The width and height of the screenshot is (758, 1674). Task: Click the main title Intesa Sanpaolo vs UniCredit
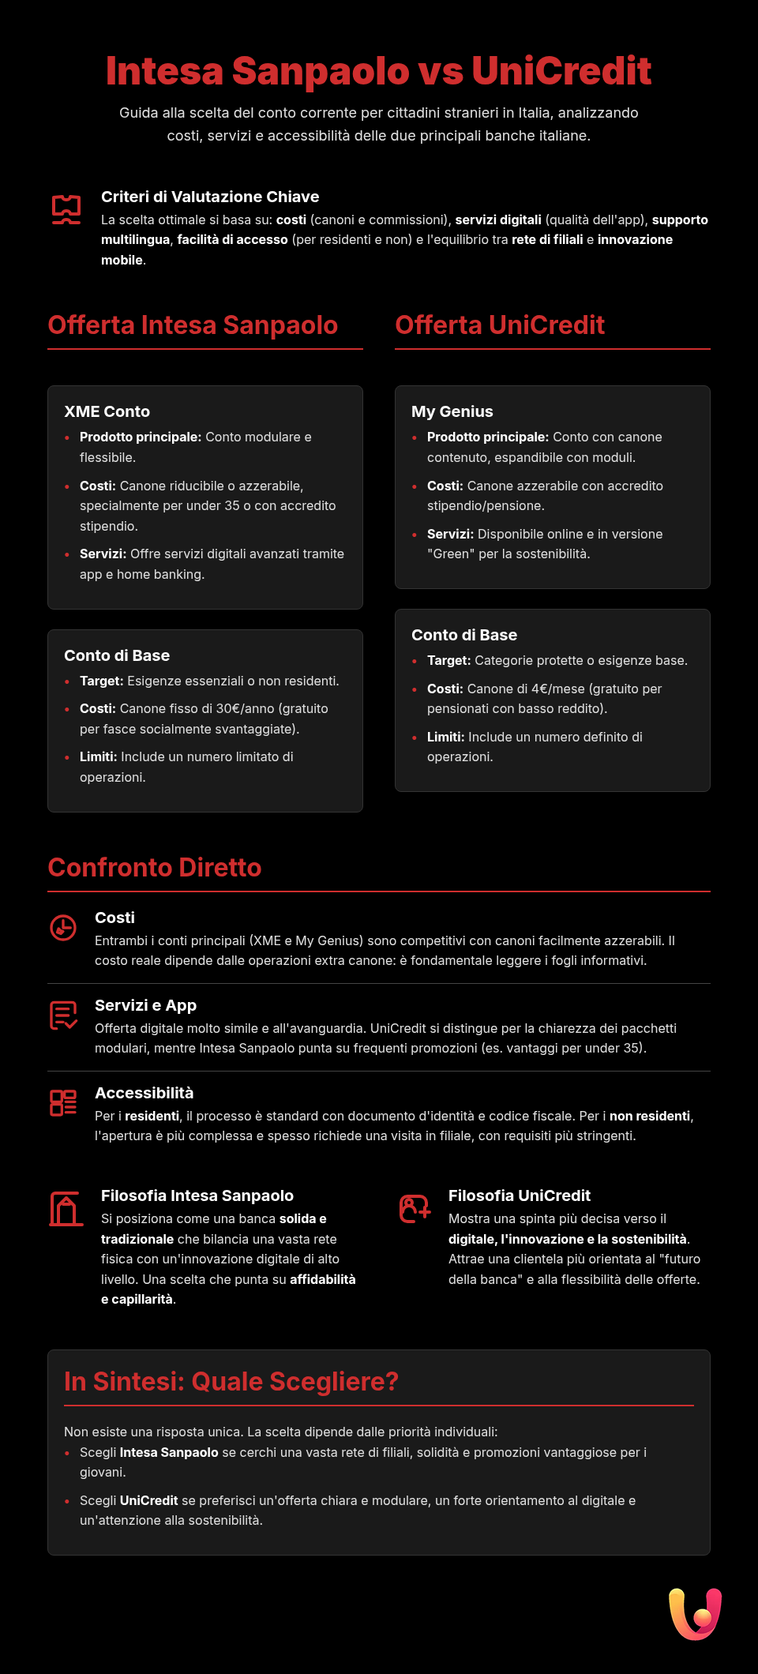coord(378,71)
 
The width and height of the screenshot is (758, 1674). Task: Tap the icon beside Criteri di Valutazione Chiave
coord(66,209)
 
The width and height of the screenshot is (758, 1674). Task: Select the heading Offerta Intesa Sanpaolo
coord(193,325)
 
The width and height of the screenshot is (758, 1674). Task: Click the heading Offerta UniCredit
coord(500,325)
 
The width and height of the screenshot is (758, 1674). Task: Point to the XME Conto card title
coord(107,411)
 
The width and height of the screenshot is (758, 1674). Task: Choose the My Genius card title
coord(452,411)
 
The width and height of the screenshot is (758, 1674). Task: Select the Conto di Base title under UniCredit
coord(464,635)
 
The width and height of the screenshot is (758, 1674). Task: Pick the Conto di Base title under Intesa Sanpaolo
coord(117,655)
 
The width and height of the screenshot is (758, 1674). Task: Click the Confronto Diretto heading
coord(155,868)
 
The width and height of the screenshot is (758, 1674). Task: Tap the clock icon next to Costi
coord(63,928)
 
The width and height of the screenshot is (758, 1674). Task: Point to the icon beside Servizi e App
coord(63,1015)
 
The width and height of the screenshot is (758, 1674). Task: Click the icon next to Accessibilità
coord(63,1103)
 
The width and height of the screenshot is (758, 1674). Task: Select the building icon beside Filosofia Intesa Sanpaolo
coord(66,1209)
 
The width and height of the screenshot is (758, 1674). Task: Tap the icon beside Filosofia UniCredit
coord(415,1209)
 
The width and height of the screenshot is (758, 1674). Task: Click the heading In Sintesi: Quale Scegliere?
coord(231,1382)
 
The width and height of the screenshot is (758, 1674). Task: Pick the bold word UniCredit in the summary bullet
coord(148,1500)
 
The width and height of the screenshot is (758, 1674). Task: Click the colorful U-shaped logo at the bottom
coord(695,1614)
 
